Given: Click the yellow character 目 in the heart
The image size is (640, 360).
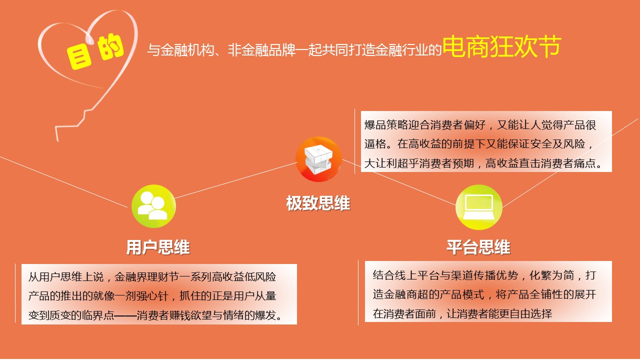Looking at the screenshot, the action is click(x=79, y=57).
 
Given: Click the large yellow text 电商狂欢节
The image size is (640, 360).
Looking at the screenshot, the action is click(x=501, y=47).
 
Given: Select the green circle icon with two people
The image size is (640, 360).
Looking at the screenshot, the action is click(x=153, y=206).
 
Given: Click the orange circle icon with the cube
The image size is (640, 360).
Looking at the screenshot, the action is click(x=319, y=159).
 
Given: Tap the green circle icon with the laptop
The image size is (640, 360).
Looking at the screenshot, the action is click(x=479, y=207).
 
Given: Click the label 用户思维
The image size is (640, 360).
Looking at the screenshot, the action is click(x=158, y=247).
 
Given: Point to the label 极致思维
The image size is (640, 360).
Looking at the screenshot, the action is click(x=318, y=203).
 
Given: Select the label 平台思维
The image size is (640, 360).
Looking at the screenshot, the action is click(x=478, y=247).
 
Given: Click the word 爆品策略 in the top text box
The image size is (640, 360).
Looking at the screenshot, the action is click(x=386, y=125).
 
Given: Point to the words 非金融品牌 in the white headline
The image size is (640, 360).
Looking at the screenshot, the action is click(x=261, y=50).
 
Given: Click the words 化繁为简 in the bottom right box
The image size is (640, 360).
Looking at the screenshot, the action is click(x=551, y=275).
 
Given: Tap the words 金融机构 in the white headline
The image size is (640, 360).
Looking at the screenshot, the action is click(x=187, y=50).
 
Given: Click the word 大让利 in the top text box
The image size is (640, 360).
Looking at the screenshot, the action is click(x=380, y=163).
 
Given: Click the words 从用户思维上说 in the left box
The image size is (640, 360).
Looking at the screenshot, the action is click(x=65, y=277).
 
